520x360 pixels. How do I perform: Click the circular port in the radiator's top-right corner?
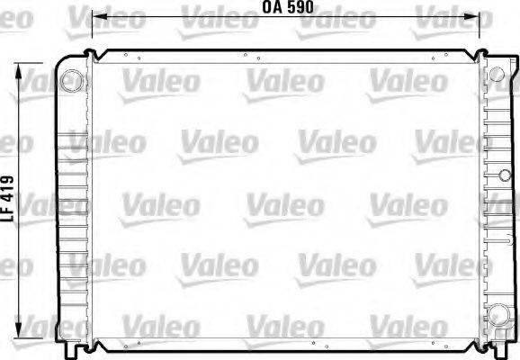497,73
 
